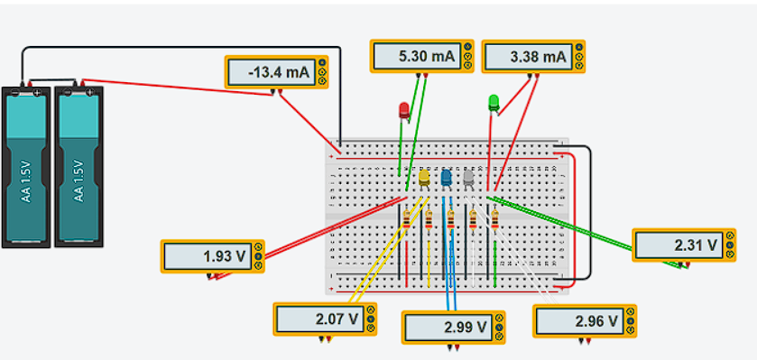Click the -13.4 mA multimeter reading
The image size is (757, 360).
(x=272, y=73)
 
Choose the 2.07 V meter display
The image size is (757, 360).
(x=320, y=318)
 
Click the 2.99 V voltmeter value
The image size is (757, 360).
(x=448, y=327)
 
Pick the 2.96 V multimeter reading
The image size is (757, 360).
(x=577, y=320)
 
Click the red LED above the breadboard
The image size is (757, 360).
(x=404, y=111)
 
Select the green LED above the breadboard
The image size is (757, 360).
(x=494, y=102)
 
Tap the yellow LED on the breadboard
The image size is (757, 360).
(x=423, y=177)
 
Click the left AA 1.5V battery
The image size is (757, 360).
(x=26, y=167)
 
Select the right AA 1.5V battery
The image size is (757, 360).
(x=78, y=167)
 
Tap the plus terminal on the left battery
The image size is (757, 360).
(x=37, y=92)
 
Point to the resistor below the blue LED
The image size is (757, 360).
(x=450, y=219)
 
